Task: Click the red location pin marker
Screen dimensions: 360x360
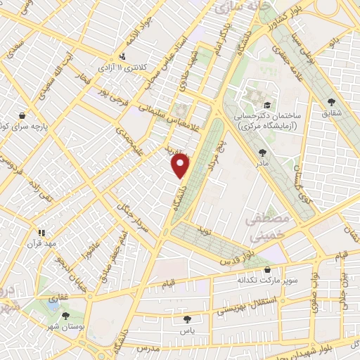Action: coord(181,165)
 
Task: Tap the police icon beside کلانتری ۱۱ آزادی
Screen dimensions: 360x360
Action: coord(124,56)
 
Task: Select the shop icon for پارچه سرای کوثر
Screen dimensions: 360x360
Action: coord(23,114)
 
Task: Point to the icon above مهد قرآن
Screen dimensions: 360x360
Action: coord(41,232)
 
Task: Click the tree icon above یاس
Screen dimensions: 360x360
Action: coord(186,319)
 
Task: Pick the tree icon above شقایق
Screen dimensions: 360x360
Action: coord(331,101)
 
